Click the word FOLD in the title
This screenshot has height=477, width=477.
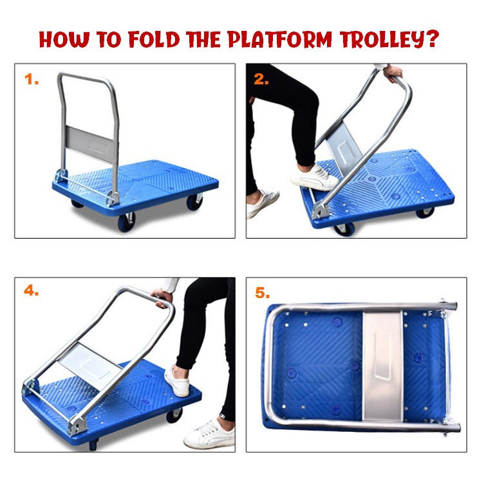pos(154,39)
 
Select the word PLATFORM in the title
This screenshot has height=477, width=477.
pos(280,39)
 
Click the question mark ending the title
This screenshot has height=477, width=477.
pos(431,38)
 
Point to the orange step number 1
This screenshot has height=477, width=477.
pos(31,79)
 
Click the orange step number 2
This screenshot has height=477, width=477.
pos(261,79)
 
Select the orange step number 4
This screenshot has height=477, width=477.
pos(32,291)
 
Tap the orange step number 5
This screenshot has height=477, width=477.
pos(262,293)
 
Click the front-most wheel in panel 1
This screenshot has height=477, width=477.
pos(127,222)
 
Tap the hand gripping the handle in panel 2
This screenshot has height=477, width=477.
pos(393,73)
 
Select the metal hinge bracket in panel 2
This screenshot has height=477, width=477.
pos(321,210)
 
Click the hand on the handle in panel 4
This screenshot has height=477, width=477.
pos(162,297)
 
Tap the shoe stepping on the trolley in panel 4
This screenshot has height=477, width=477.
pos(177,382)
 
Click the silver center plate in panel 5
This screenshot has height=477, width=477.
pos(383,366)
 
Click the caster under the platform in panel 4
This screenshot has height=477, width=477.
pos(174,415)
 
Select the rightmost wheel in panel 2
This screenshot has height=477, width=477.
pos(426,212)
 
